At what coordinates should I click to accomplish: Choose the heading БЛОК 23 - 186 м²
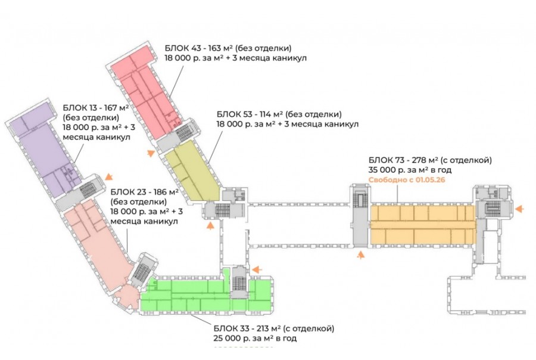145,192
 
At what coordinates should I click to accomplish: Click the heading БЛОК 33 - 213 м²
273,328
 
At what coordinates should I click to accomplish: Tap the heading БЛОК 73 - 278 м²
428,159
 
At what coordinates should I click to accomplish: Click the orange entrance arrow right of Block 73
519,209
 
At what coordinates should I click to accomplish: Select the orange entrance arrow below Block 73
360,255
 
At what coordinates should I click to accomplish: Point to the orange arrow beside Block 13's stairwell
108,176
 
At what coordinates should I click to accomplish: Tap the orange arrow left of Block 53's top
151,153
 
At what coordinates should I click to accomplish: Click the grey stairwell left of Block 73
359,218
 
